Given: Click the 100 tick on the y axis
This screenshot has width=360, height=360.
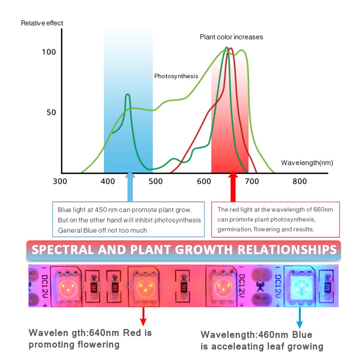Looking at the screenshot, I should [x=49, y=52].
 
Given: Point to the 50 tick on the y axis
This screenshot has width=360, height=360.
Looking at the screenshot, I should [x=51, y=112].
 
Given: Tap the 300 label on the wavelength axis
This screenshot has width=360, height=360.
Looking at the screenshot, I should [x=60, y=181].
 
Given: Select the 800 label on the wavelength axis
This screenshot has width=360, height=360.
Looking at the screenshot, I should [x=299, y=181].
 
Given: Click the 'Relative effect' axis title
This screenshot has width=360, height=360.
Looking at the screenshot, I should [x=42, y=23].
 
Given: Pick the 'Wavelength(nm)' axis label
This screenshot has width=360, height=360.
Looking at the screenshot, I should [x=307, y=163].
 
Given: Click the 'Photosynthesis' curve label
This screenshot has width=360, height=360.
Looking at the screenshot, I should [x=176, y=76].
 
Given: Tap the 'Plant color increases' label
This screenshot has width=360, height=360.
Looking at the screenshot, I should [x=231, y=37].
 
